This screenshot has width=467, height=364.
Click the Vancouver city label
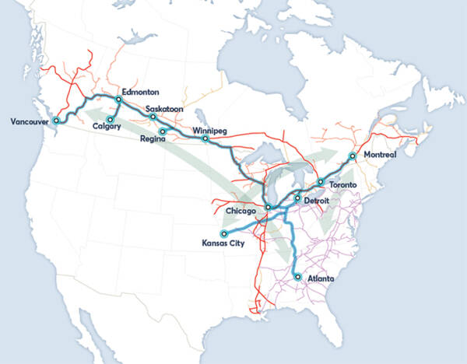29,121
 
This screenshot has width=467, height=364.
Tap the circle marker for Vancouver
55,121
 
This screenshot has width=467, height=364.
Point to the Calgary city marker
111,120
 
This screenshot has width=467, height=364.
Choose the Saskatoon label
164,109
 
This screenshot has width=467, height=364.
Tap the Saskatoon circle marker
153,117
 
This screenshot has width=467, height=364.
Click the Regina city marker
162,131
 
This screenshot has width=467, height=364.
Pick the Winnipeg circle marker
205,139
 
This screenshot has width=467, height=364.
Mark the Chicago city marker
267,207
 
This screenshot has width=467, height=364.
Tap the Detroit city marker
297,198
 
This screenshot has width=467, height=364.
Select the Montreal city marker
352,156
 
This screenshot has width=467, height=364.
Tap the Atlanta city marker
298,276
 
